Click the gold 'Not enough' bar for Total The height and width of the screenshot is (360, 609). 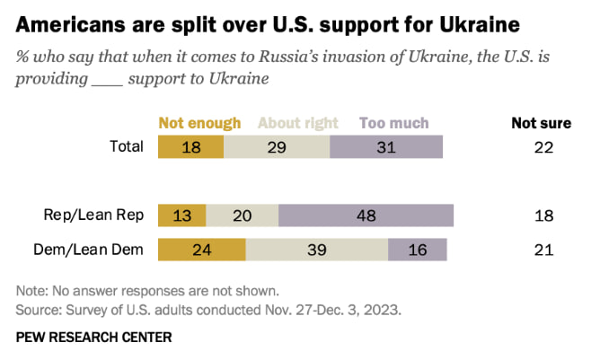191,147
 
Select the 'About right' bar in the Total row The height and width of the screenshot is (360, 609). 277,147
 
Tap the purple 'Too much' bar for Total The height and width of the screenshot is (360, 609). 386,147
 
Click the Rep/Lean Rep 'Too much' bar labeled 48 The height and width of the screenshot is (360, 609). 366,215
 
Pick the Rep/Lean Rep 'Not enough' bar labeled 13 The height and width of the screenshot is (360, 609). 181,215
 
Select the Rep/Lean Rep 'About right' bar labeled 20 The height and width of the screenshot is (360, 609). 242,215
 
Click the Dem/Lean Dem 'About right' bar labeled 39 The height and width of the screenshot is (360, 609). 316,250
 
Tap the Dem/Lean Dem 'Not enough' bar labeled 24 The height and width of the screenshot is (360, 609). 202,250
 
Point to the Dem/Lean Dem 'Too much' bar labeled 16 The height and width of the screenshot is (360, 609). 416,250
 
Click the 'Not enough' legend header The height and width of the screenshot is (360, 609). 199,123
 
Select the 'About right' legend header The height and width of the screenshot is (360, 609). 298,123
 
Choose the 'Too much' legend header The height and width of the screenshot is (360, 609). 393,123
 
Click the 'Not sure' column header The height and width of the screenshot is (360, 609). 542,123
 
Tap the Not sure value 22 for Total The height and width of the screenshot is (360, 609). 542,147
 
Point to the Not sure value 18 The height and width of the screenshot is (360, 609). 542,215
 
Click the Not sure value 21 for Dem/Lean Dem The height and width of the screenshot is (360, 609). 542,250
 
